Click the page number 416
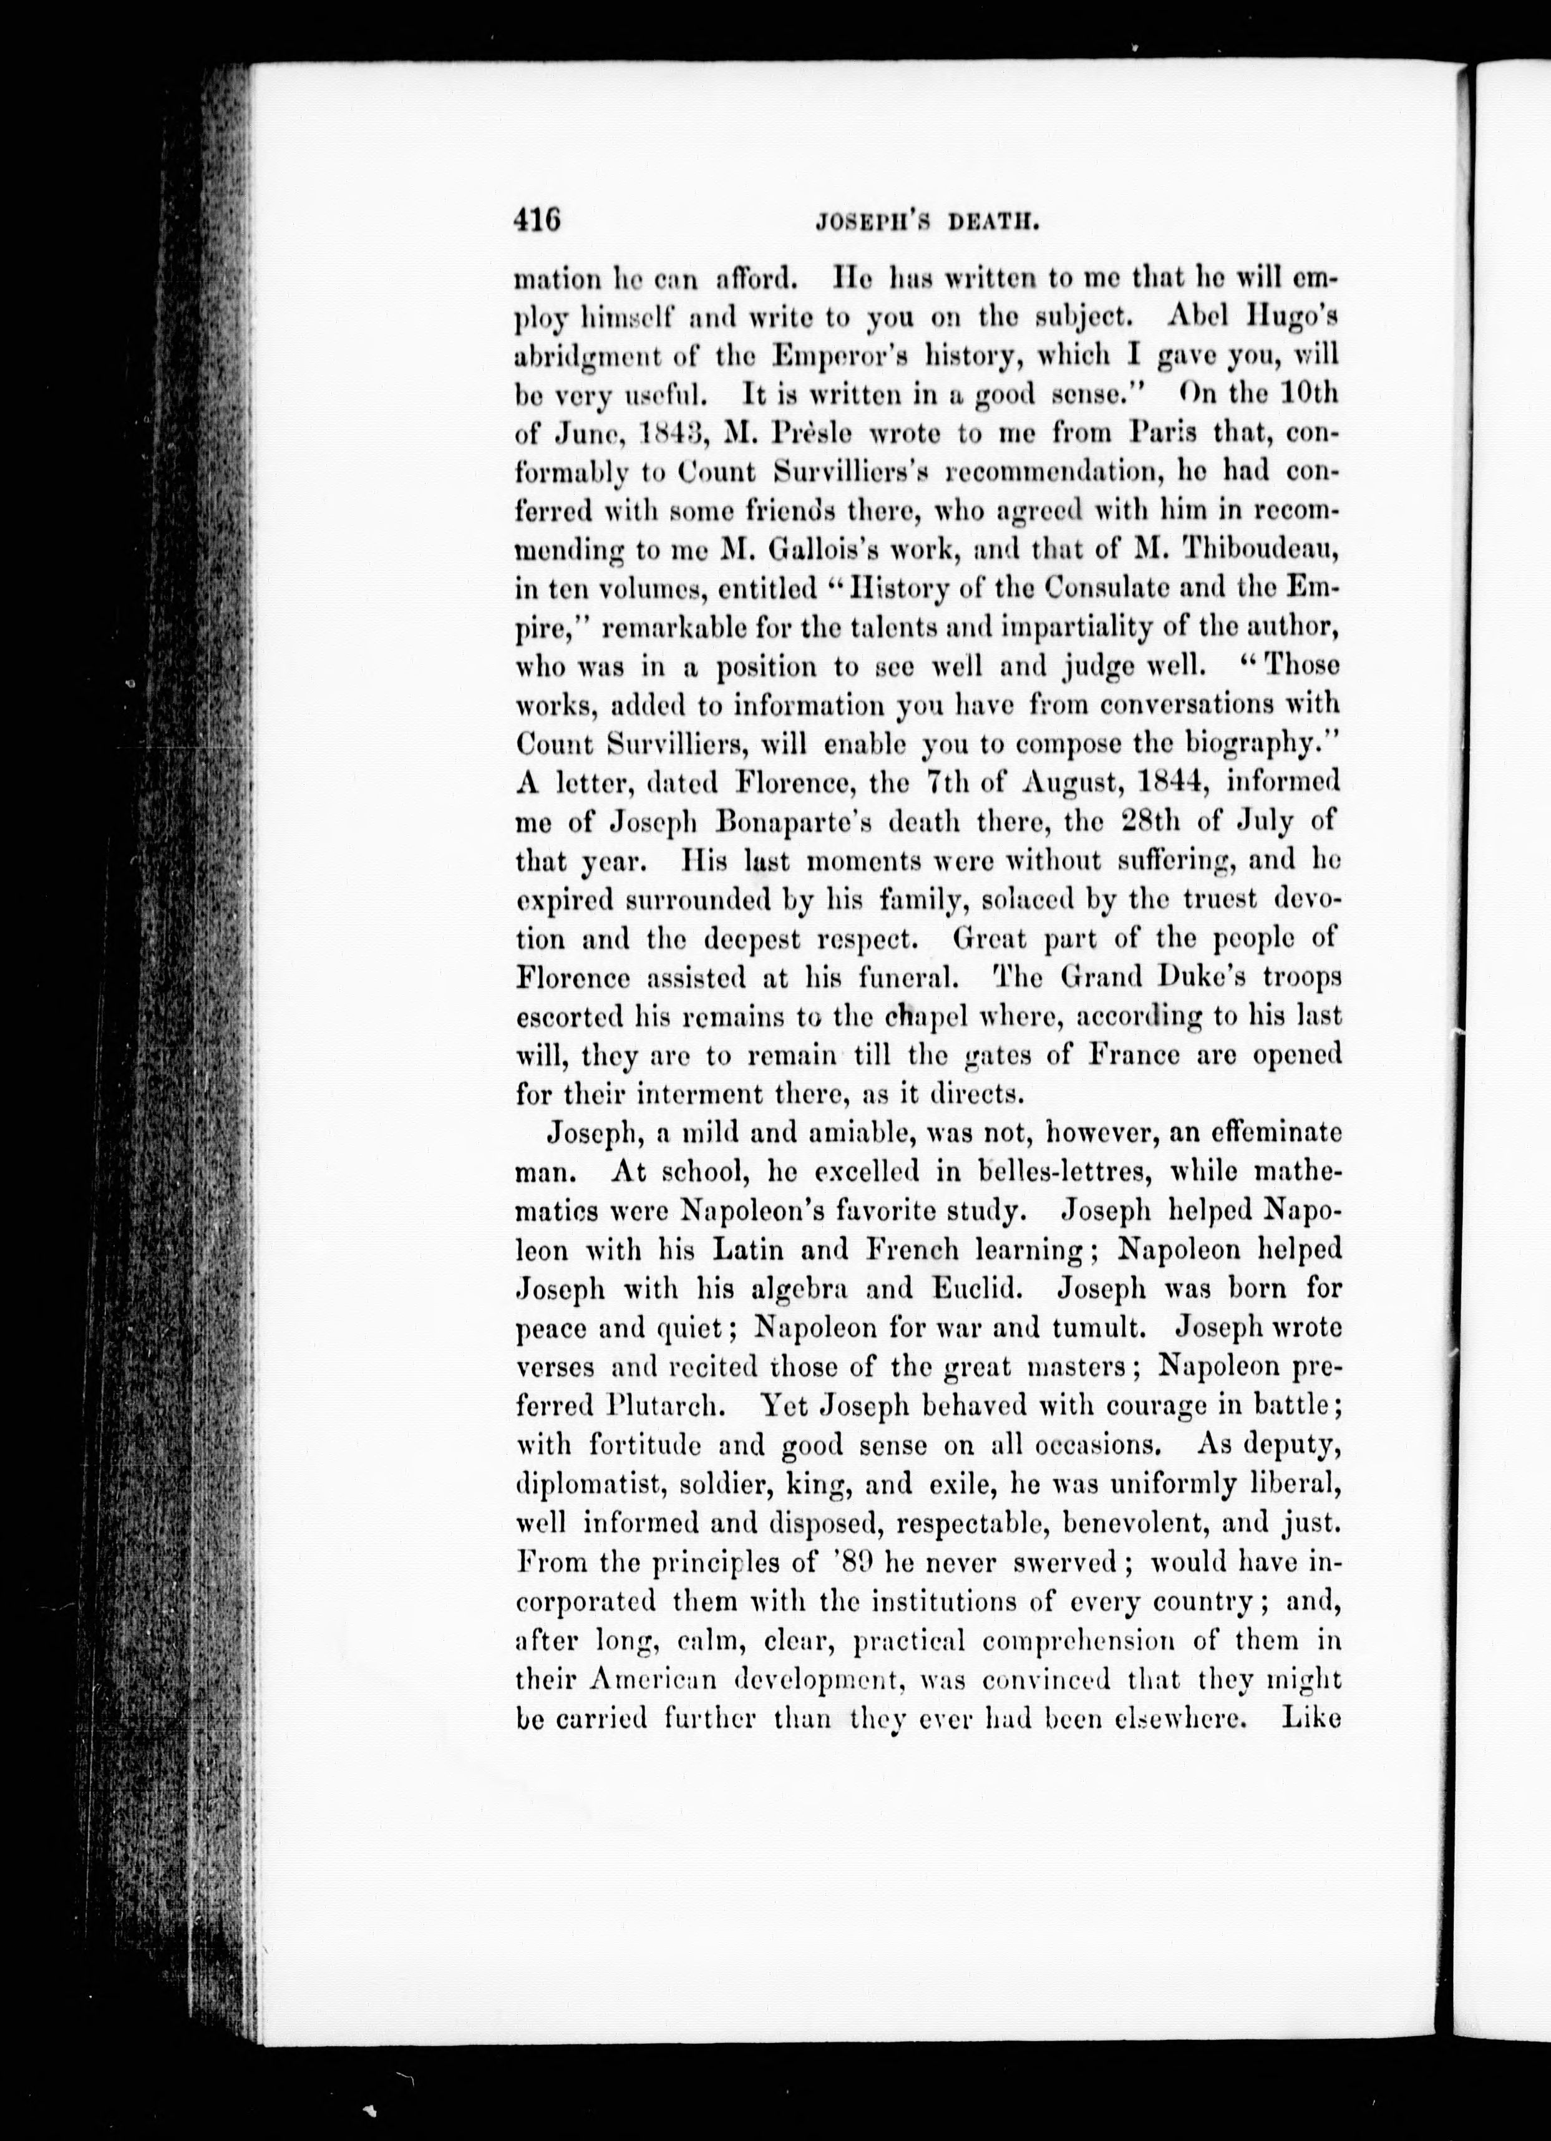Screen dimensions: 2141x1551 click(538, 222)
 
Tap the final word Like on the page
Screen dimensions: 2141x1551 click(1312, 1718)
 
